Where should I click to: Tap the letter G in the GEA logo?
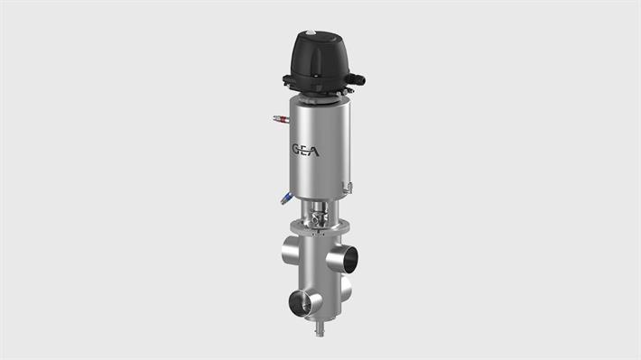(x=296, y=147)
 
